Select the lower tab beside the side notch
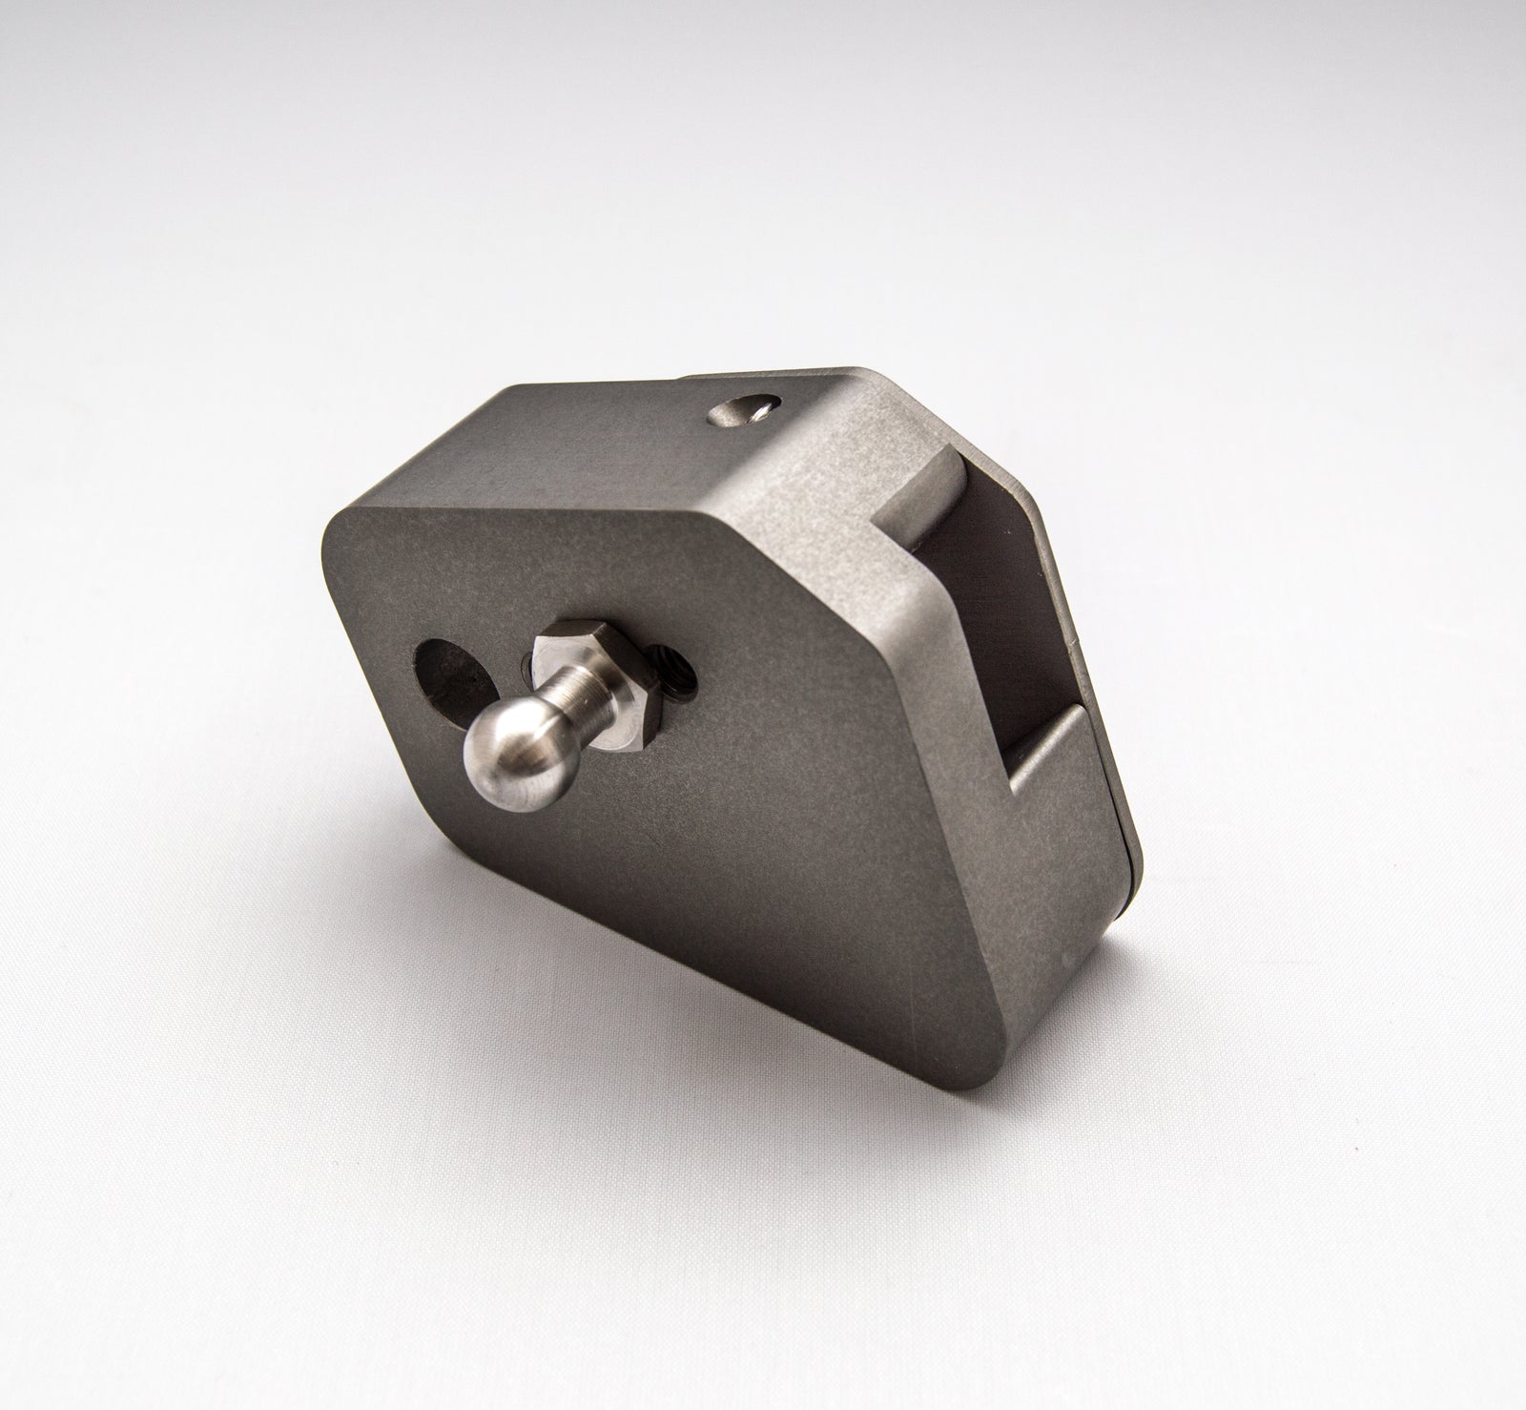click(1049, 763)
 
